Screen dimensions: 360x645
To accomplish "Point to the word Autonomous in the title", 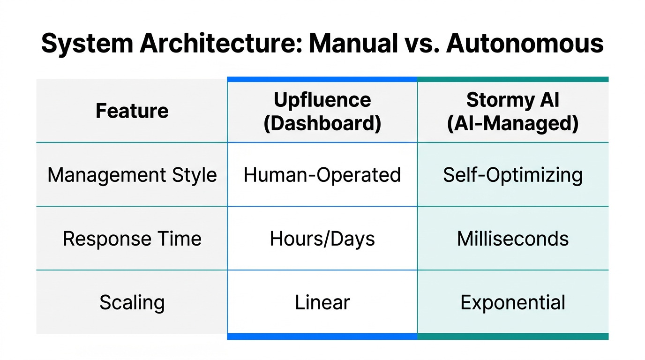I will click(525, 44).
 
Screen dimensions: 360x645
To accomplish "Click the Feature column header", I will click(132, 111).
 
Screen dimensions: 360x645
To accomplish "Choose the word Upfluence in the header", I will click(322, 100).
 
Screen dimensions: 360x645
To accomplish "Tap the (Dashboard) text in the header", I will click(322, 123).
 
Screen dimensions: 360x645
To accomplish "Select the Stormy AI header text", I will click(513, 100).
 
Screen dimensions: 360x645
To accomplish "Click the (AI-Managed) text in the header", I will click(513, 123).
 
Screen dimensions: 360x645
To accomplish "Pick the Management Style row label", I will click(132, 175).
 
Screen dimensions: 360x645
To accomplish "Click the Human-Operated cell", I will click(322, 175).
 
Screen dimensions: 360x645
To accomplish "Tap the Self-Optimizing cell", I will click(513, 175).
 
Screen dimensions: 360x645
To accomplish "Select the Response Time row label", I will click(132, 239).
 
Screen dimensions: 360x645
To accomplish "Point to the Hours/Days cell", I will click(322, 239).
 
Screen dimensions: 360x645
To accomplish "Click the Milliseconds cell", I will click(513, 239).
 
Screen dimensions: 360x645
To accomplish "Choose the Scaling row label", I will click(132, 302).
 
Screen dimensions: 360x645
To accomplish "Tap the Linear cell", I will click(322, 302).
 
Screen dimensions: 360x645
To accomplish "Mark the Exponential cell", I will click(513, 302).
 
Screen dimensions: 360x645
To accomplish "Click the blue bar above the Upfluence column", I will click(322, 79).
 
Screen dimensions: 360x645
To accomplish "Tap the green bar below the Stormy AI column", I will click(513, 337).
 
